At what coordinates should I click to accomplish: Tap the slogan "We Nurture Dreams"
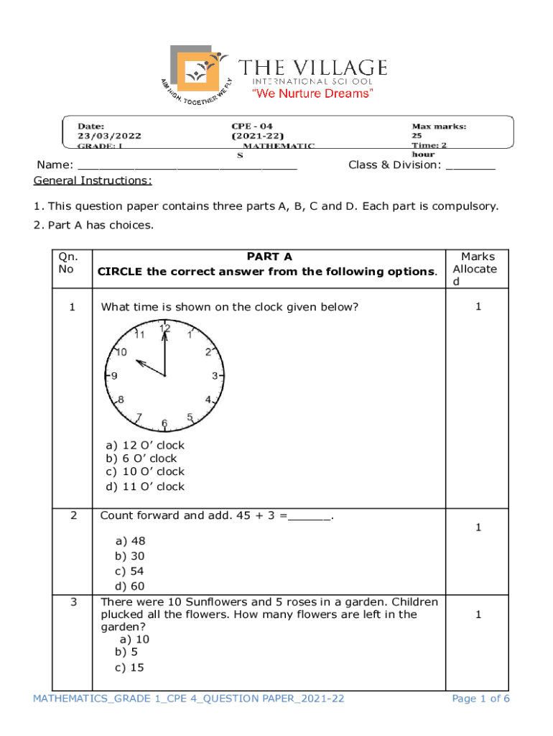point(312,94)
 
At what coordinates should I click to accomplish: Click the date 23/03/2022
point(110,135)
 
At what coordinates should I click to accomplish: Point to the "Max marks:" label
point(439,126)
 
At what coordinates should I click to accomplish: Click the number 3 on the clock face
point(215,376)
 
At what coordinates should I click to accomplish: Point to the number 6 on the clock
point(164,424)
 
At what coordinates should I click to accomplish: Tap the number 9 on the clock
point(114,376)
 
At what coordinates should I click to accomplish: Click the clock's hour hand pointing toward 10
point(147,365)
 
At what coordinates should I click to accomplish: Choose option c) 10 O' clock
point(145,471)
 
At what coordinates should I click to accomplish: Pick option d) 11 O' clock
point(145,487)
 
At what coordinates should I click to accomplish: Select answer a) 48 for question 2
point(130,540)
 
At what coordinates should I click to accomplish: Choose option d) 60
point(130,586)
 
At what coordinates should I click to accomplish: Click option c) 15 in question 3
point(129,667)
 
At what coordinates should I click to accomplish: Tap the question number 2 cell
point(72,515)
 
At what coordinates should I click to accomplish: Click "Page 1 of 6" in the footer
point(480,699)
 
